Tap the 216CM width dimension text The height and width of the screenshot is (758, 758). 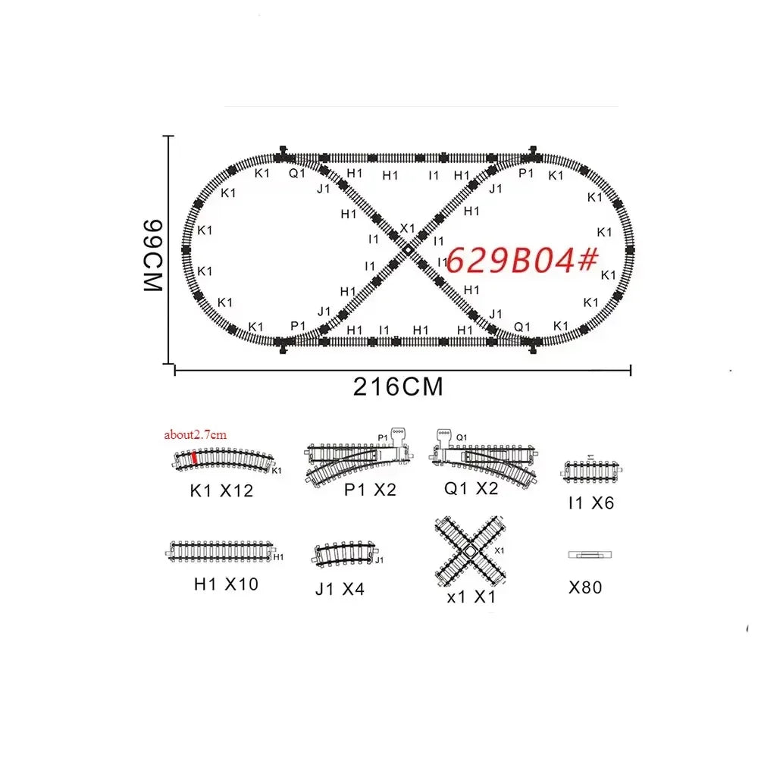click(x=398, y=387)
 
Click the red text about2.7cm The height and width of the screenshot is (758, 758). click(x=195, y=434)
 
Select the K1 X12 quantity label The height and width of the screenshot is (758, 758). click(x=221, y=490)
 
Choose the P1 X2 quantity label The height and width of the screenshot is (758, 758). click(x=370, y=489)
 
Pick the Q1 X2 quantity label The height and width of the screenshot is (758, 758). click(x=471, y=488)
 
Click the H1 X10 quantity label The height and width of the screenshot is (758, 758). click(x=225, y=584)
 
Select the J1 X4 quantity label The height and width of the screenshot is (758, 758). click(x=340, y=588)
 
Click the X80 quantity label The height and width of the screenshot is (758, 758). click(x=585, y=587)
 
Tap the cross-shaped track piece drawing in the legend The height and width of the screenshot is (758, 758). click(x=471, y=551)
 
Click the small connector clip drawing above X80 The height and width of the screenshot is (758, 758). click(x=590, y=555)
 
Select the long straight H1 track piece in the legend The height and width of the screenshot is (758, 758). click(x=222, y=551)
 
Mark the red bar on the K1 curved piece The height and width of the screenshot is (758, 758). click(x=195, y=457)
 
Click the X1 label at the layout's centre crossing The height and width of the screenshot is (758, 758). click(x=408, y=228)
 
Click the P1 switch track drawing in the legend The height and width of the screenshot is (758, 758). click(x=360, y=458)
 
